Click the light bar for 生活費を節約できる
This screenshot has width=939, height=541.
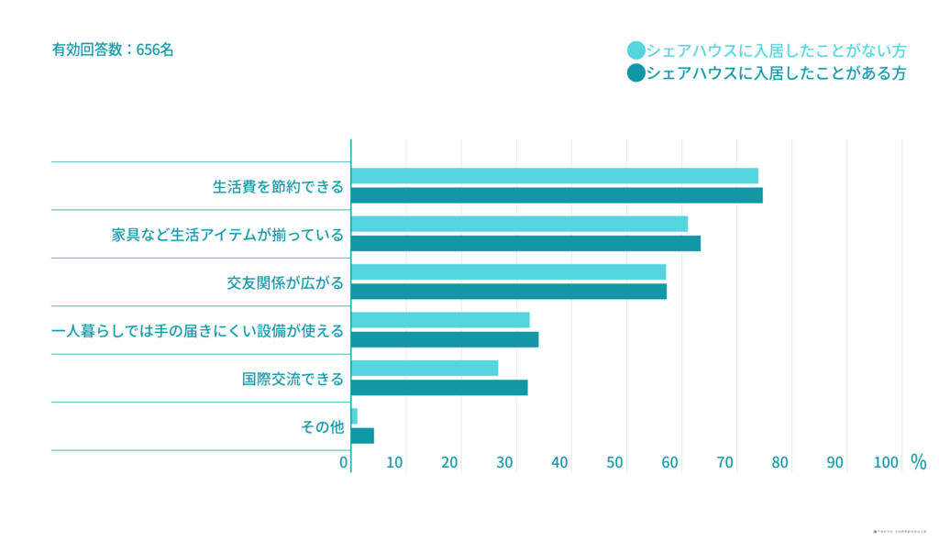tap(554, 176)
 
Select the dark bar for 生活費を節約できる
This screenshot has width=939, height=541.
tap(557, 195)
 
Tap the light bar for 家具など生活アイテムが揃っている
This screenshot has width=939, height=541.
tap(519, 224)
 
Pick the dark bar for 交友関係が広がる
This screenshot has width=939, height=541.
tap(509, 292)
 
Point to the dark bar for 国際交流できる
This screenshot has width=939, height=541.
tap(439, 387)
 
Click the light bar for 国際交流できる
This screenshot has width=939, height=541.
tap(425, 368)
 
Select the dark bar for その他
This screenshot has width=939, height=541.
tap(362, 436)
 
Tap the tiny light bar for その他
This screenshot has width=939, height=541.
tap(354, 416)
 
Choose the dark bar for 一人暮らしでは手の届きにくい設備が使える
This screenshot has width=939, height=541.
tap(445, 339)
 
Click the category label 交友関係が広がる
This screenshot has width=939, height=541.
tap(285, 282)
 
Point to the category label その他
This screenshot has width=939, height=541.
tap(322, 426)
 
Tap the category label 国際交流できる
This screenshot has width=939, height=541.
tap(293, 379)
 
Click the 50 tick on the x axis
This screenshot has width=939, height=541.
tap(615, 463)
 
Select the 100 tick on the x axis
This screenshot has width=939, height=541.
tap(886, 463)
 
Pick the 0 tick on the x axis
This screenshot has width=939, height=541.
tap(344, 463)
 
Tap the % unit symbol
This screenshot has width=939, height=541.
tap(918, 462)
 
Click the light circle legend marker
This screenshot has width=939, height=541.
tap(635, 50)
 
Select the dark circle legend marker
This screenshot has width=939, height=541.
tap(635, 73)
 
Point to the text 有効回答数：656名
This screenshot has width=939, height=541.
tap(113, 50)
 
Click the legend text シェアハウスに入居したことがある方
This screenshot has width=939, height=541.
tap(776, 73)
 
